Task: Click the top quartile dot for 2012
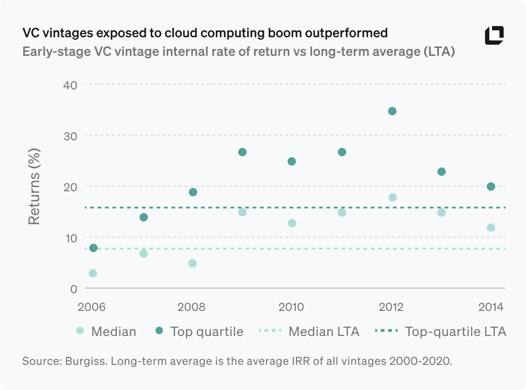392,111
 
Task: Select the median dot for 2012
392,197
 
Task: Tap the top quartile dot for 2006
93,248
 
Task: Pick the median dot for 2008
192,263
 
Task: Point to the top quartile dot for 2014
491,187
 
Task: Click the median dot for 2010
292,223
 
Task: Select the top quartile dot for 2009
242,152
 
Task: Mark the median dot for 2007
143,254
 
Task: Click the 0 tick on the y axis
73,289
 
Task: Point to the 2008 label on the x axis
192,307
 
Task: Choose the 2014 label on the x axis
491,307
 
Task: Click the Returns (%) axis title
34,187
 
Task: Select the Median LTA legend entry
309,331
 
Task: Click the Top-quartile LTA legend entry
440,331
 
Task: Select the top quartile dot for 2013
441,172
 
